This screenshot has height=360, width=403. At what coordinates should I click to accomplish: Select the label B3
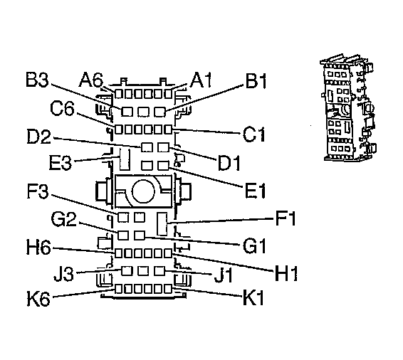click(x=37, y=79)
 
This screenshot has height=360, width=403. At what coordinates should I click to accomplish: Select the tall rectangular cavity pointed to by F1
click(x=163, y=223)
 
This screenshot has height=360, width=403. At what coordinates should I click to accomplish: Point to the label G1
click(x=254, y=247)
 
